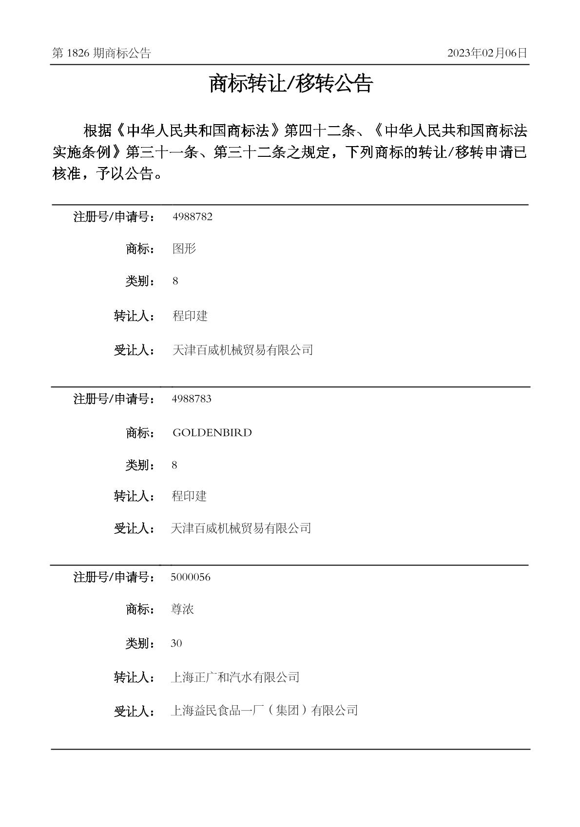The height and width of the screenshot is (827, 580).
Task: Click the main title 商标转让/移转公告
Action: click(290, 84)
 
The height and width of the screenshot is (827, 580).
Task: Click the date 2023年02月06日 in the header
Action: click(487, 53)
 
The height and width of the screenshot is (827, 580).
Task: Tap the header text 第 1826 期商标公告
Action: click(101, 53)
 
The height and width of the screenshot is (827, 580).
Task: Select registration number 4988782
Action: click(193, 217)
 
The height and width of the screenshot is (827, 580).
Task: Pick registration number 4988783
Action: click(192, 399)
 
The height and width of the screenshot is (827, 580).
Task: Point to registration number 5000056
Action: click(191, 577)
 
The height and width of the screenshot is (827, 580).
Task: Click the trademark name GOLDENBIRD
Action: click(212, 432)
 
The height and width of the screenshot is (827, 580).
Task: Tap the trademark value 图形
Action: click(184, 249)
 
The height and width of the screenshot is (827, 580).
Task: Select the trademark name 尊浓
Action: click(182, 609)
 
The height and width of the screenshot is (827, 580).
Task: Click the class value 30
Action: click(176, 643)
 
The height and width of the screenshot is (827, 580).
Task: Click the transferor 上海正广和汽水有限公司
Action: click(235, 677)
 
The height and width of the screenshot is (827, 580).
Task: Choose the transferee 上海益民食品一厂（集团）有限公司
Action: click(264, 710)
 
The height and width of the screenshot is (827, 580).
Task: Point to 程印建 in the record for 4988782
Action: click(190, 316)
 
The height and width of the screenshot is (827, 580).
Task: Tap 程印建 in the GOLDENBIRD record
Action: click(189, 496)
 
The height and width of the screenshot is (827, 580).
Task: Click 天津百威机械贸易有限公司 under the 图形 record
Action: click(243, 350)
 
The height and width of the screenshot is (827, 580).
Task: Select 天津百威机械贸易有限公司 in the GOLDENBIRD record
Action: click(241, 528)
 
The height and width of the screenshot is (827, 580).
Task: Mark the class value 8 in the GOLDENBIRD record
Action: click(174, 465)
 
